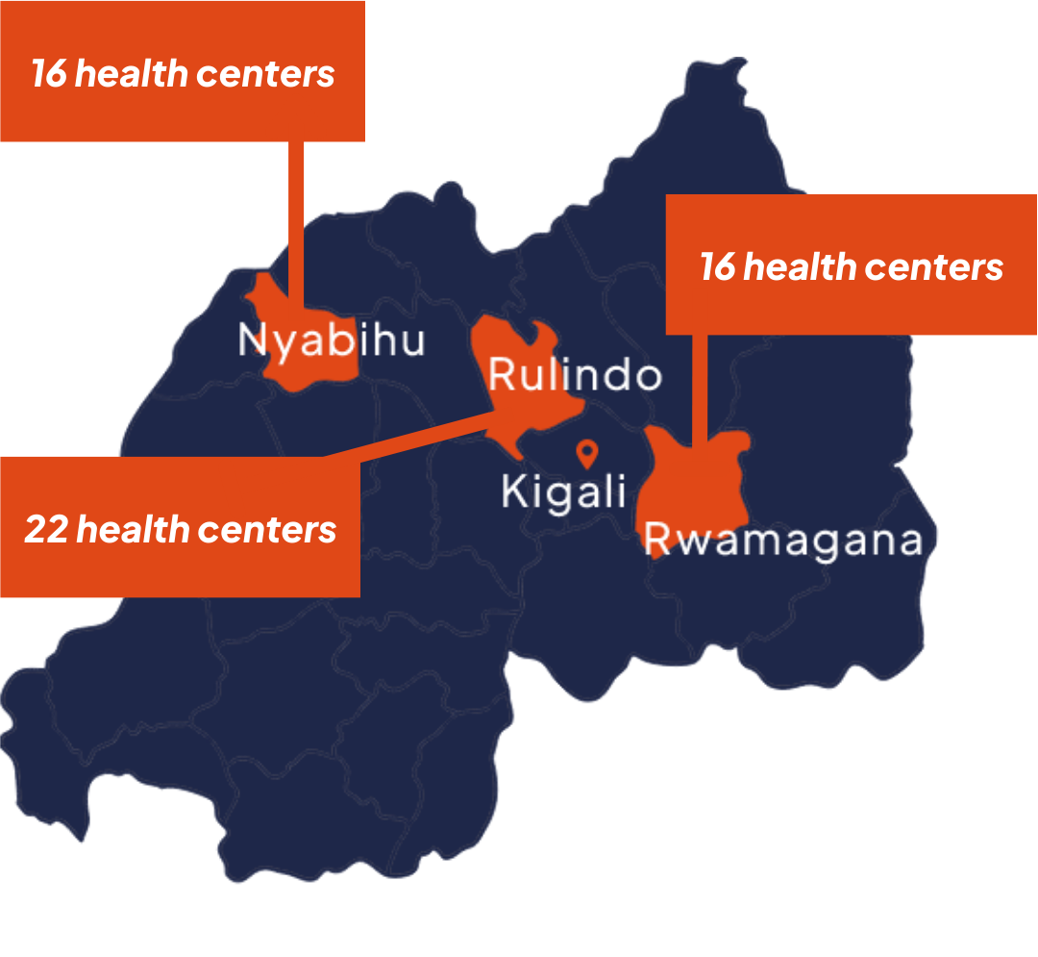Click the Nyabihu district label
332,341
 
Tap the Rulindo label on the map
575,374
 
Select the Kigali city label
563,492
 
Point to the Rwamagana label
783,541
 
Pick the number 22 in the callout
45,529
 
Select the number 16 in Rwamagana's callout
717,267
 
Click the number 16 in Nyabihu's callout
48,74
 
